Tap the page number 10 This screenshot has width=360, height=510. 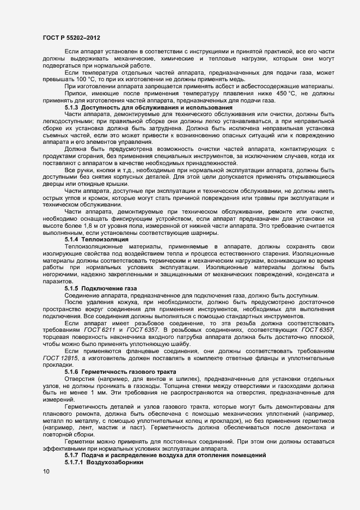(45, 472)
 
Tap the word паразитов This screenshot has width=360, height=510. (56, 281)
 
